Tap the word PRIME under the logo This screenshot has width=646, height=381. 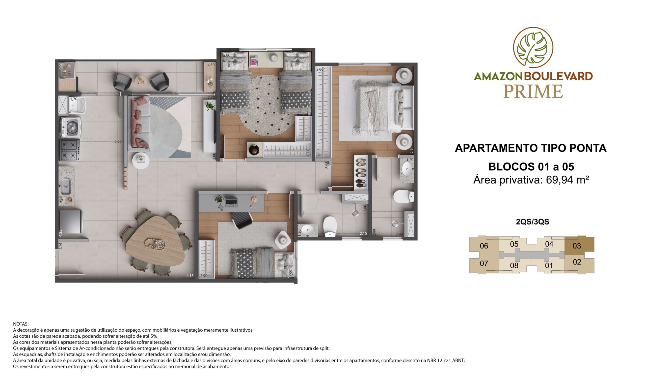coord(533,92)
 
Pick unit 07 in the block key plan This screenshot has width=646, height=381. coord(484,263)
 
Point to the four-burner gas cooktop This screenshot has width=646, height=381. coord(70,150)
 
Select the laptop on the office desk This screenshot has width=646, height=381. coord(231,202)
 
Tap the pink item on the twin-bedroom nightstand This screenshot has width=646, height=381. coord(253,62)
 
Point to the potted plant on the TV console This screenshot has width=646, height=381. coord(210,106)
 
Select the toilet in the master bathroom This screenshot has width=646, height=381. coord(403,196)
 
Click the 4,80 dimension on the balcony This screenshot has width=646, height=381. coord(211,65)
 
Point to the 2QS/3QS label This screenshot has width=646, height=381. coord(532,221)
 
